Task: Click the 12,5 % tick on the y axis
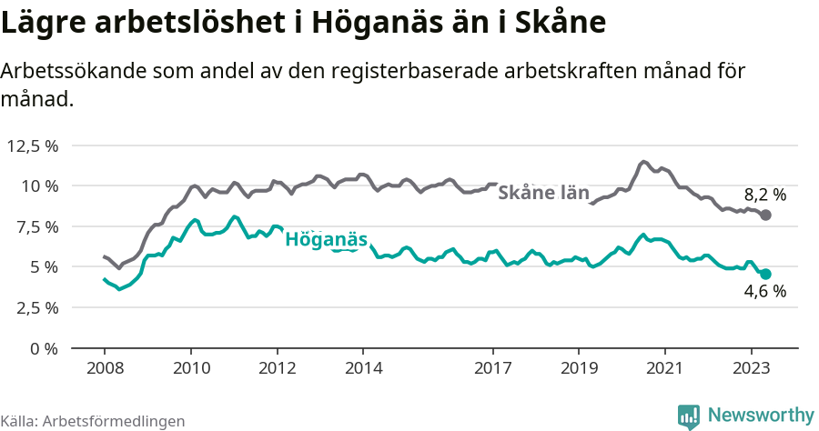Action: pos(33,145)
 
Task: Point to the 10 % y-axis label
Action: pos(40,185)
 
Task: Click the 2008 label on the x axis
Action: pos(104,368)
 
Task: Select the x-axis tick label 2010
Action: pos(190,368)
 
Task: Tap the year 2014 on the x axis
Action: pos(363,368)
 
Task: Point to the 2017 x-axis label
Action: pos(492,368)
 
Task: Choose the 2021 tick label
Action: pos(665,368)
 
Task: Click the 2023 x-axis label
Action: pos(752,368)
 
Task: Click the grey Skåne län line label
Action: pos(543,193)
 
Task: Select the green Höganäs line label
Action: pos(327,240)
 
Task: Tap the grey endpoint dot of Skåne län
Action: pos(765,215)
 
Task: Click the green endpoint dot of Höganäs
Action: pos(765,274)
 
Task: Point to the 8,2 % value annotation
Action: pos(764,195)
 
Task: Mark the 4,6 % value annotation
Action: pos(764,292)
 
